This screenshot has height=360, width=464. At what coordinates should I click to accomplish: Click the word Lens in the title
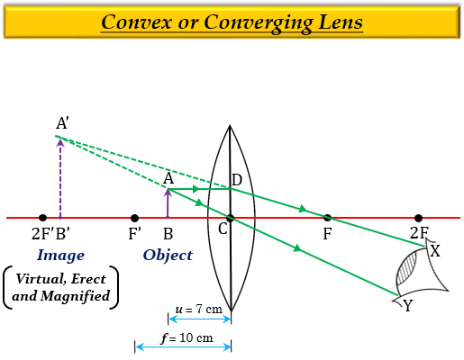coord(337,21)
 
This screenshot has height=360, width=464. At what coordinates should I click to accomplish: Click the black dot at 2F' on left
coord(42,218)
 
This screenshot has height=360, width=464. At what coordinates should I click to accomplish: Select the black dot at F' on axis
coord(134,218)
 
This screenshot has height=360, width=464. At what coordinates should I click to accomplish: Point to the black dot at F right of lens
coord(327,218)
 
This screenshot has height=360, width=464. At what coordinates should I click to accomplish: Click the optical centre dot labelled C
coord(231,218)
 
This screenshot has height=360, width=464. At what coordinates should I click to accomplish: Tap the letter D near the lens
coord(237,181)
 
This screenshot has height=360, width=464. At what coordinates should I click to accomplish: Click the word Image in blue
coord(61,256)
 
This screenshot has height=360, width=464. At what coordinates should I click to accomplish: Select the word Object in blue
coord(168,256)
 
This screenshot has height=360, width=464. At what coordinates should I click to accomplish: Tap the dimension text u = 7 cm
coord(199,309)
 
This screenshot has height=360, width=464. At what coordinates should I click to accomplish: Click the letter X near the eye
coord(435,250)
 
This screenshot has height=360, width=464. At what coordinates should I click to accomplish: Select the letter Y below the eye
coord(408,306)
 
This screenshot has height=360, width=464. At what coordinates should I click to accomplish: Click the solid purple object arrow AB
coord(168,203)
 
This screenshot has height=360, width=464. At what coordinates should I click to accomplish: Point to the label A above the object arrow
coord(168,178)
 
